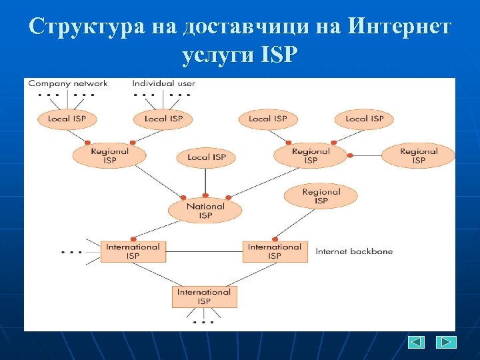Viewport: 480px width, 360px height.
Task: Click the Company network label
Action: [67, 83]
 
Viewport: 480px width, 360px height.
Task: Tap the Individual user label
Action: [163, 83]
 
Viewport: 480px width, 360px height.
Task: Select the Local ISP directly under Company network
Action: [67, 119]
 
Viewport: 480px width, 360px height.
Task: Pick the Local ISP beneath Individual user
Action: [163, 119]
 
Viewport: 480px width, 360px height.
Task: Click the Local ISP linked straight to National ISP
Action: [206, 157]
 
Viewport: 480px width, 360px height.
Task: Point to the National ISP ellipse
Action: [205, 211]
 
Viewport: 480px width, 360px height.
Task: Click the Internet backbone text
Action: [354, 252]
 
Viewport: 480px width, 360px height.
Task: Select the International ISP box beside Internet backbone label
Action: [275, 251]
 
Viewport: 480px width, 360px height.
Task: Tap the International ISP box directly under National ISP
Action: [133, 251]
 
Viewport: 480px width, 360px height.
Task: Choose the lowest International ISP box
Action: [204, 297]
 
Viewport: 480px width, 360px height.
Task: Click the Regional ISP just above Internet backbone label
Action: [321, 197]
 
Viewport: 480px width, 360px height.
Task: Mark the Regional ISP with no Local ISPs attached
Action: [418, 156]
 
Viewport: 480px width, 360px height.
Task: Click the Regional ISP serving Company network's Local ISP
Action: [109, 156]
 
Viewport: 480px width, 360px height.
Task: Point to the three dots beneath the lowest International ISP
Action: [204, 322]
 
